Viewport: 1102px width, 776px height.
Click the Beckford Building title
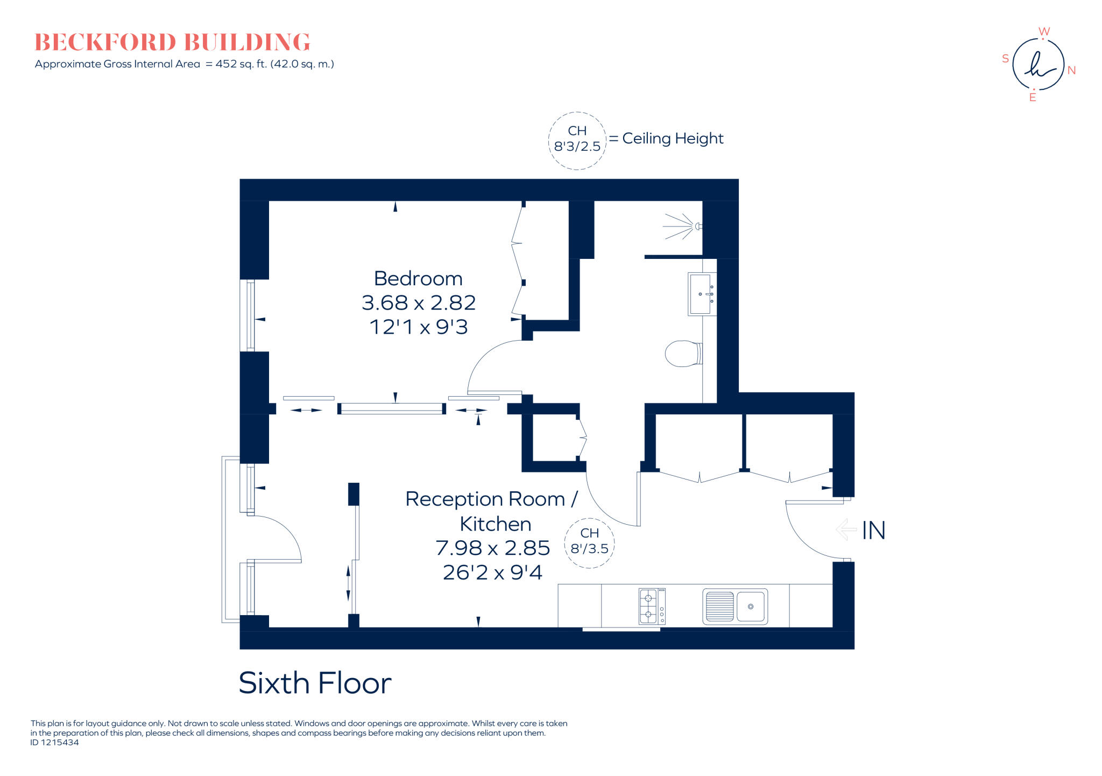(172, 43)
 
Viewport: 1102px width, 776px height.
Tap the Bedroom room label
(418, 279)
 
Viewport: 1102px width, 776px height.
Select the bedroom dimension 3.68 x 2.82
(419, 303)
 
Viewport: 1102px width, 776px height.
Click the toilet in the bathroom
(682, 354)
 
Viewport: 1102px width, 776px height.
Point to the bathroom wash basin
(701, 294)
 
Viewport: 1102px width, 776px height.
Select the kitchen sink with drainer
(734, 606)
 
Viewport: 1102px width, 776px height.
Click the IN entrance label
(873, 531)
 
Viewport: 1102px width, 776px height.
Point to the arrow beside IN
(846, 530)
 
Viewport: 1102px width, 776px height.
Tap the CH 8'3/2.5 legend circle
(577, 139)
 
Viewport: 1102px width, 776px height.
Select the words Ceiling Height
(673, 139)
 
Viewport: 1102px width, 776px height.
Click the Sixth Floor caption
(315, 683)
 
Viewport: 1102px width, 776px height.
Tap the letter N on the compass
(1071, 70)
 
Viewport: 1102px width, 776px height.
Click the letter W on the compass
(1044, 32)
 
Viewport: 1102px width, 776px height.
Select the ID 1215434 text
(54, 743)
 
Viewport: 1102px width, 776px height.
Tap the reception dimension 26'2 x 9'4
(492, 573)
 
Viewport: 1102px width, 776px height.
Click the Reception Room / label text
(491, 499)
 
